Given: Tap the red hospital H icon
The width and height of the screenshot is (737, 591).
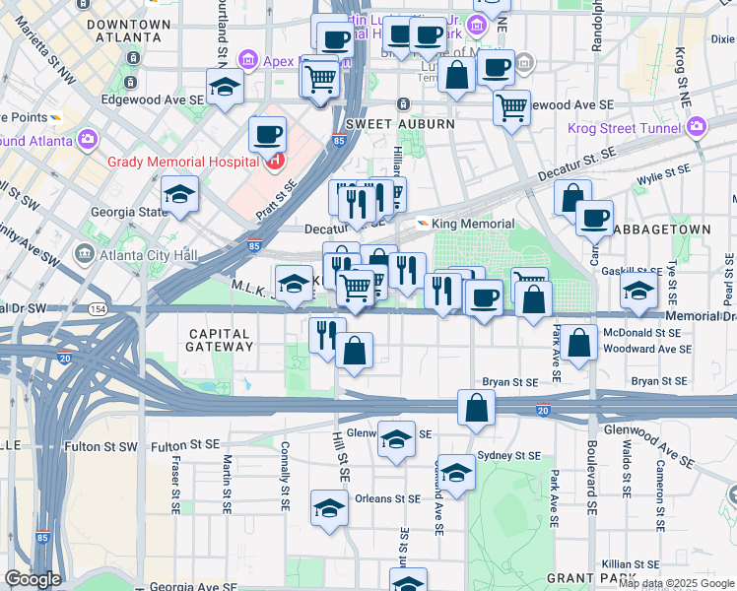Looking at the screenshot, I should click(277, 161).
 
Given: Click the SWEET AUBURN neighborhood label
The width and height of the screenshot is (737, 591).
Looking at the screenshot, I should click(400, 124).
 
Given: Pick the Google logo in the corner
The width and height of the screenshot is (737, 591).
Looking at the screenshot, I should click(33, 579).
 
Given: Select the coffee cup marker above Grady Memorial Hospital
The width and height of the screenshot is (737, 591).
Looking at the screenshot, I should click(267, 133).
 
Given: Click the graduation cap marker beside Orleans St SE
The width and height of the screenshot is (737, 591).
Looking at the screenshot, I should click(329, 507).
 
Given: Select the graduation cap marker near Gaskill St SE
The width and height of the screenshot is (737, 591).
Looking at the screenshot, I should click(638, 291).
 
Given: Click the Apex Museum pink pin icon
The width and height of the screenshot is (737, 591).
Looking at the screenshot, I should click(246, 61).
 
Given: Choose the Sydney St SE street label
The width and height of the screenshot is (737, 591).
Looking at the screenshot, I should click(508, 456).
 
